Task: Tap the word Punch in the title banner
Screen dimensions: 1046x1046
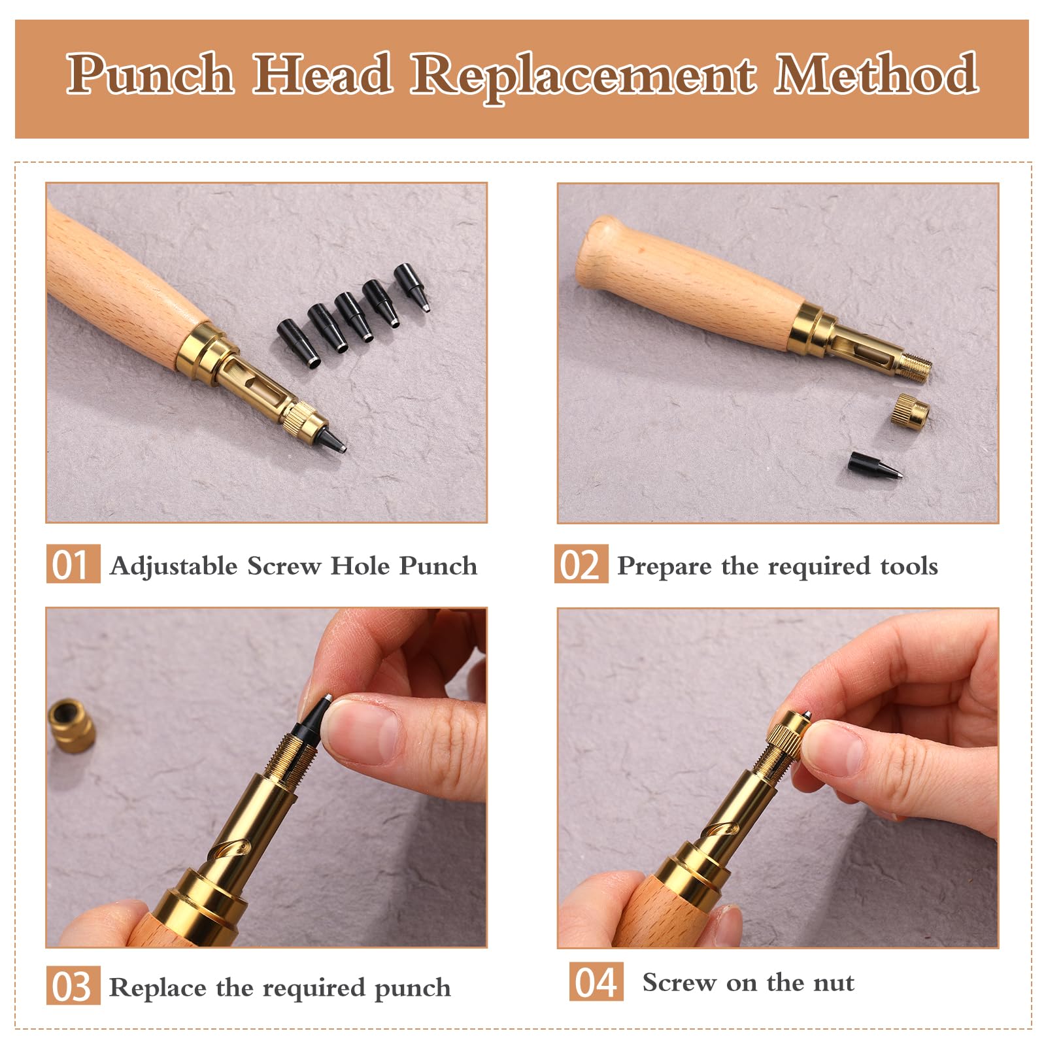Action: (x=150, y=74)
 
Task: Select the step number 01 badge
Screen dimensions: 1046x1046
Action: (x=73, y=564)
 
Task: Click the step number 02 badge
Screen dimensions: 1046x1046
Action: (x=581, y=564)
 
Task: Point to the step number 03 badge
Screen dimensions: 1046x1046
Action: (x=73, y=986)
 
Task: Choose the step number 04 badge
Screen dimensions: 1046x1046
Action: (x=596, y=981)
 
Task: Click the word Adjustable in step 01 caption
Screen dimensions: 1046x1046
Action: (x=174, y=566)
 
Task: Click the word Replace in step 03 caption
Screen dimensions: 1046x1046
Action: (x=157, y=987)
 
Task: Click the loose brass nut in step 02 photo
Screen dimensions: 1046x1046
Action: (x=910, y=411)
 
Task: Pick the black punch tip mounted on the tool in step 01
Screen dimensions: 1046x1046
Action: (x=331, y=439)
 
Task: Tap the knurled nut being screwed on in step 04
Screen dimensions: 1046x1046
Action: (x=787, y=734)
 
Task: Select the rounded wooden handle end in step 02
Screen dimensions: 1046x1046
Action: (x=598, y=252)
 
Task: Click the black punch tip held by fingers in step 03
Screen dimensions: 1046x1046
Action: (x=315, y=718)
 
